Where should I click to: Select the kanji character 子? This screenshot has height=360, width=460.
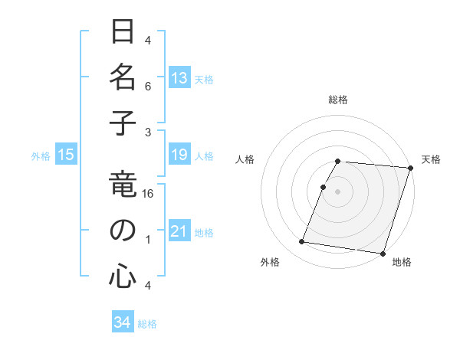coord(123,124)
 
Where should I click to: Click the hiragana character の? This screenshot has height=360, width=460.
coord(123,231)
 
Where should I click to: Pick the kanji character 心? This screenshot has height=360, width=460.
coord(123,275)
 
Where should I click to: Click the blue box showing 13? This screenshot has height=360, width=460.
coord(179,77)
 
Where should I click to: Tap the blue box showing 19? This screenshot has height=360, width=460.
coord(179,155)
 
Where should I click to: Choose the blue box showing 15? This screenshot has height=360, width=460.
coord(66,155)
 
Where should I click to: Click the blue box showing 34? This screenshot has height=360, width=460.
coord(123,322)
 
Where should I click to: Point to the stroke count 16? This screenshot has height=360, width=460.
coord(148,195)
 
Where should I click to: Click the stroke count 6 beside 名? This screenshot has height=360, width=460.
coord(148,87)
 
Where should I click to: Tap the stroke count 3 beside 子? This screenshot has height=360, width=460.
coord(148,132)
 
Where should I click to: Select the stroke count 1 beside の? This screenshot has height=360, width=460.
coord(148,240)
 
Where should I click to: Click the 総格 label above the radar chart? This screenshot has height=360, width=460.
coord(338,100)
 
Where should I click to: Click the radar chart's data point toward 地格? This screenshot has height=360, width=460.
coord(382,253)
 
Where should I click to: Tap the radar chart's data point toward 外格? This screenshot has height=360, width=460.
coord(302,242)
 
